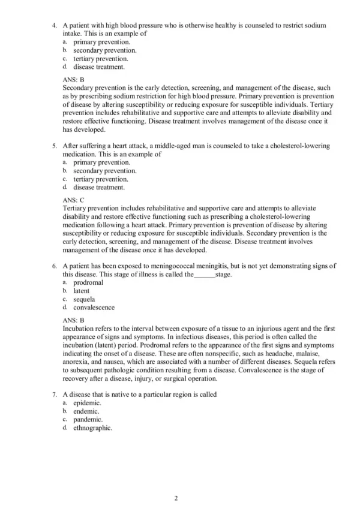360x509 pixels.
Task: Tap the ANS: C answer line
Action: coord(74,200)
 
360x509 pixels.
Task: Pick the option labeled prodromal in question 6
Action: coord(88,282)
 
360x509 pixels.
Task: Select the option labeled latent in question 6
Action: coord(82,291)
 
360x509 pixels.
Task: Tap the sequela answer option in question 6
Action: coord(84,299)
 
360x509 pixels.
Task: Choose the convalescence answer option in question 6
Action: coord(94,308)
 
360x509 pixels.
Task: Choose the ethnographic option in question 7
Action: coord(92,428)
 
